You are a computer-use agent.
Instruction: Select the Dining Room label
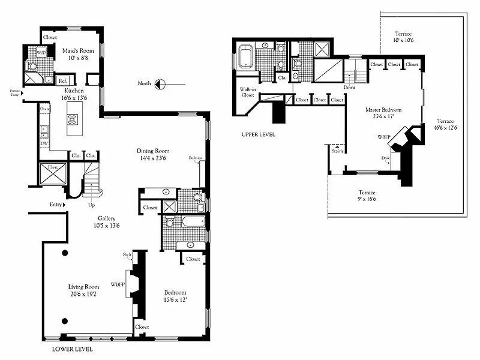(153, 155)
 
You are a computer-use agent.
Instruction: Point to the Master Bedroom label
(383, 113)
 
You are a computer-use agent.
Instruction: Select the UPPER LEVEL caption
(258, 135)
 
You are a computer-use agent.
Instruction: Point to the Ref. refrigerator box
(62, 80)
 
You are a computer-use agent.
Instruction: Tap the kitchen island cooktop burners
(73, 118)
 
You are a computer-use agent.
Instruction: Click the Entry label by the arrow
(56, 205)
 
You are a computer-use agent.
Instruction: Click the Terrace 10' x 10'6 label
(404, 37)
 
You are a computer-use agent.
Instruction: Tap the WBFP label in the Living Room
(117, 284)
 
